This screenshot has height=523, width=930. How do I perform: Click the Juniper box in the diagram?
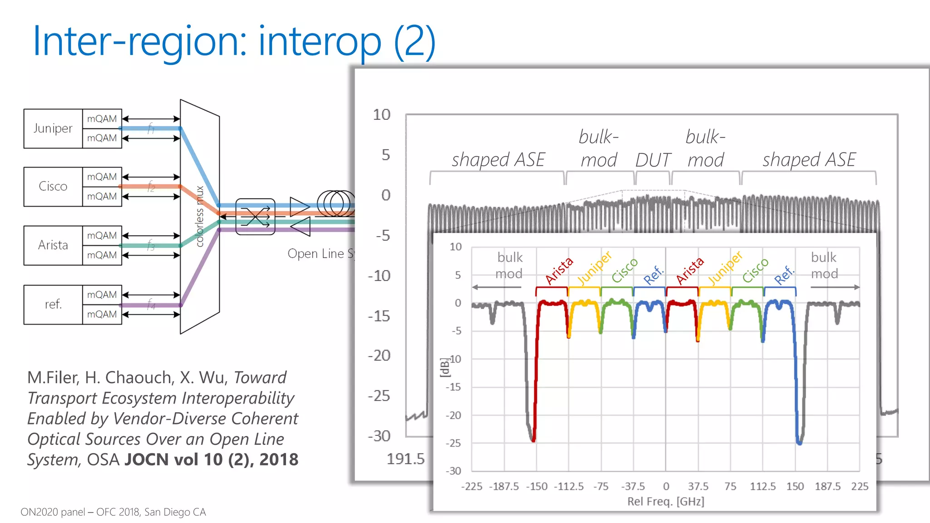pyautogui.click(x=53, y=128)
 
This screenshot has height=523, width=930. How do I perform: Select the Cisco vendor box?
pyautogui.click(x=53, y=187)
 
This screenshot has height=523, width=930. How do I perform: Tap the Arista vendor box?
pyautogui.click(x=53, y=245)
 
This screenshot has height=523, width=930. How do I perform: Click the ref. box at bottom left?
pyautogui.click(x=53, y=304)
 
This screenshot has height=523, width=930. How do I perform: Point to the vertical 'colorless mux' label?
pyautogui.click(x=199, y=217)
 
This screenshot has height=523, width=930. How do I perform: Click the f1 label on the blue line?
pyautogui.click(x=151, y=129)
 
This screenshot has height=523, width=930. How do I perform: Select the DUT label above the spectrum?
pyautogui.click(x=653, y=160)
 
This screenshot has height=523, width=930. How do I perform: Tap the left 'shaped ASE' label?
pyautogui.click(x=498, y=160)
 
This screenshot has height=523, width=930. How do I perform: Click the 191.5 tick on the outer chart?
pyautogui.click(x=405, y=459)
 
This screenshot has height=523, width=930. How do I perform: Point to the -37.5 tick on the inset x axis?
pyautogui.click(x=633, y=487)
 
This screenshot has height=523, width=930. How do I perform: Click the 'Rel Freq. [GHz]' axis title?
pyautogui.click(x=665, y=502)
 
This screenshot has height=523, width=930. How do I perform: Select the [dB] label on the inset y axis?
pyautogui.click(x=444, y=367)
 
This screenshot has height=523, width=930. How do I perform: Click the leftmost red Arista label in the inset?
pyautogui.click(x=559, y=271)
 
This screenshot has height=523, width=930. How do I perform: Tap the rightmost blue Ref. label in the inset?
pyautogui.click(x=784, y=275)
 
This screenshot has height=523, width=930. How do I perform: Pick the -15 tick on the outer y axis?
pyautogui.click(x=379, y=316)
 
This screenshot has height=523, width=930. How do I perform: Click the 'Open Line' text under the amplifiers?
pyautogui.click(x=316, y=254)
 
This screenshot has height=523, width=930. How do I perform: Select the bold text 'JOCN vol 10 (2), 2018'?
pyautogui.click(x=211, y=459)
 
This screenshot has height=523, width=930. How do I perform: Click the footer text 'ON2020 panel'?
pyautogui.click(x=53, y=512)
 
